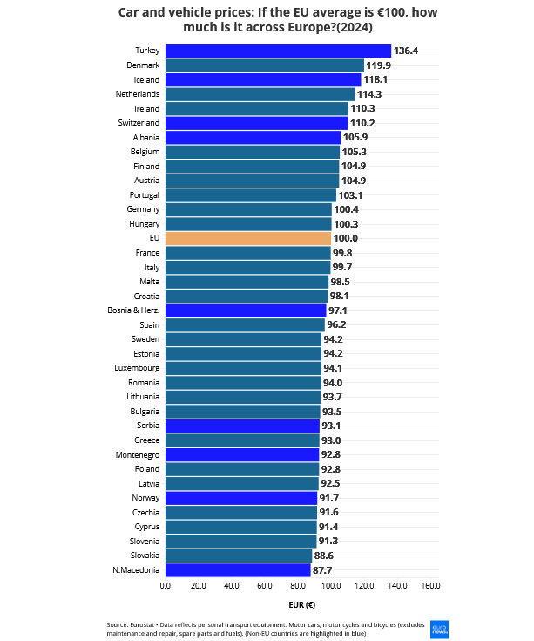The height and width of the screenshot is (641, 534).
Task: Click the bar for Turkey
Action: click(x=278, y=51)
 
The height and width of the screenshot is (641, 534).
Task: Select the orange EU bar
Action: click(x=248, y=238)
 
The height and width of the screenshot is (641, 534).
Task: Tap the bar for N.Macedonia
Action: click(x=238, y=569)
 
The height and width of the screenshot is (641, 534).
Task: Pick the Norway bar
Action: click(x=241, y=498)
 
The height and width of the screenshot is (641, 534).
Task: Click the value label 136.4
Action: click(x=406, y=51)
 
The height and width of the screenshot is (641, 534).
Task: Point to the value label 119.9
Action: click(x=378, y=65)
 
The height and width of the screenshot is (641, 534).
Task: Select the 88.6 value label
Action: click(x=326, y=556)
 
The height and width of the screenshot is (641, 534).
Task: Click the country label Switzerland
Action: click(x=138, y=123)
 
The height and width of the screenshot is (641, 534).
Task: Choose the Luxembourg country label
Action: click(x=137, y=368)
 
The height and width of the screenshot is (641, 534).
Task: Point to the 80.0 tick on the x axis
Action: click(x=298, y=586)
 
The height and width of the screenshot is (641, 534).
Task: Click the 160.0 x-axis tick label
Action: click(x=430, y=586)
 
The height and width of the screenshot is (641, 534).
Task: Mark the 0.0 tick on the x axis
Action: click(x=166, y=586)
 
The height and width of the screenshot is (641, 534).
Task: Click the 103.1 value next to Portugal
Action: click(x=350, y=195)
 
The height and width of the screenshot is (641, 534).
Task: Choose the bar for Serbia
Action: click(x=242, y=426)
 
